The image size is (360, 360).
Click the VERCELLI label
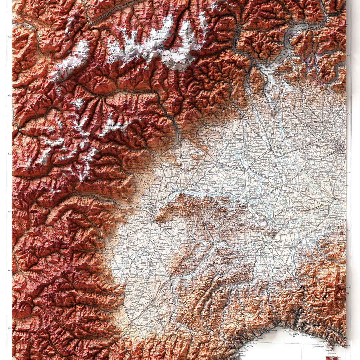(x=241, y=168)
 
